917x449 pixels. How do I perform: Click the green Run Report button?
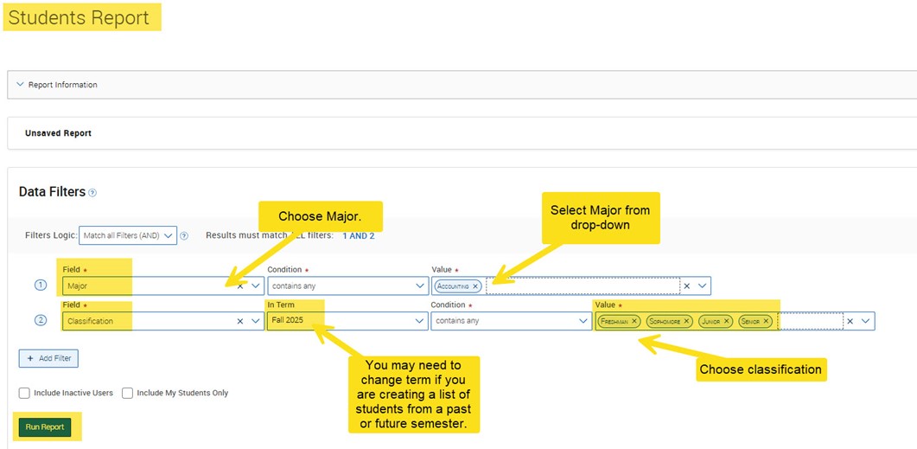click(x=44, y=427)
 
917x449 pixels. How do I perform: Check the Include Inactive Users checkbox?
click(x=25, y=393)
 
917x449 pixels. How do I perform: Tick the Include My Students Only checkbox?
click(x=128, y=393)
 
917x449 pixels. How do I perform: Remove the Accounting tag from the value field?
click(x=475, y=285)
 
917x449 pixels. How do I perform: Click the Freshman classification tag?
click(x=615, y=321)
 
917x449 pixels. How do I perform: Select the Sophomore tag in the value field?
click(x=665, y=321)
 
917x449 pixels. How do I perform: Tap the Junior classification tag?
click(x=712, y=321)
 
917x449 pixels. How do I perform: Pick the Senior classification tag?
click(x=751, y=321)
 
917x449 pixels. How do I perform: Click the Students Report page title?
click(x=79, y=17)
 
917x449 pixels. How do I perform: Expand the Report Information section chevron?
click(x=20, y=85)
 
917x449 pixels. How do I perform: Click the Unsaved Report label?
click(x=58, y=133)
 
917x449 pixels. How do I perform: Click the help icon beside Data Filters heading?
click(x=92, y=193)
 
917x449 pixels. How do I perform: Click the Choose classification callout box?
click(x=761, y=369)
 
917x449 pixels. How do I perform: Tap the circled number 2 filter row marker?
click(x=40, y=321)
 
